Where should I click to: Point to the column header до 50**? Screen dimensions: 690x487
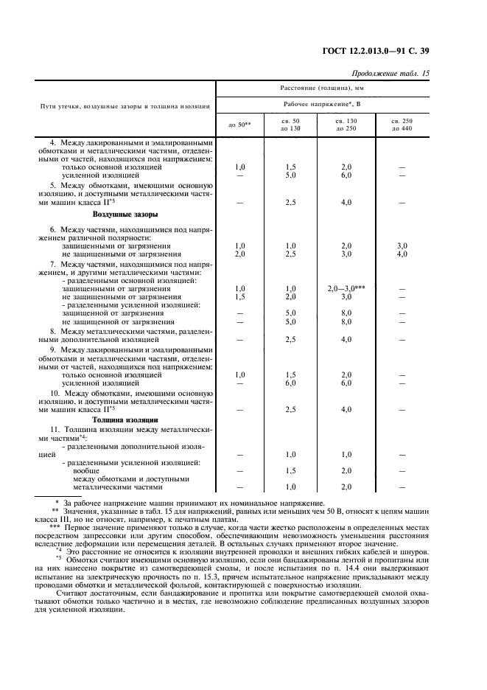[x=239, y=125]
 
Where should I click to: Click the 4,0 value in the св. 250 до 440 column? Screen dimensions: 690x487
[x=402, y=254]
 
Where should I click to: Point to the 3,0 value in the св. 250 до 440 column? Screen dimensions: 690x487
[x=402, y=245]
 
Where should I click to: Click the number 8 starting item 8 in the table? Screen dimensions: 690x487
[x=52, y=331]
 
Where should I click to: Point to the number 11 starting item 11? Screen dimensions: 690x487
[x=54, y=428]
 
